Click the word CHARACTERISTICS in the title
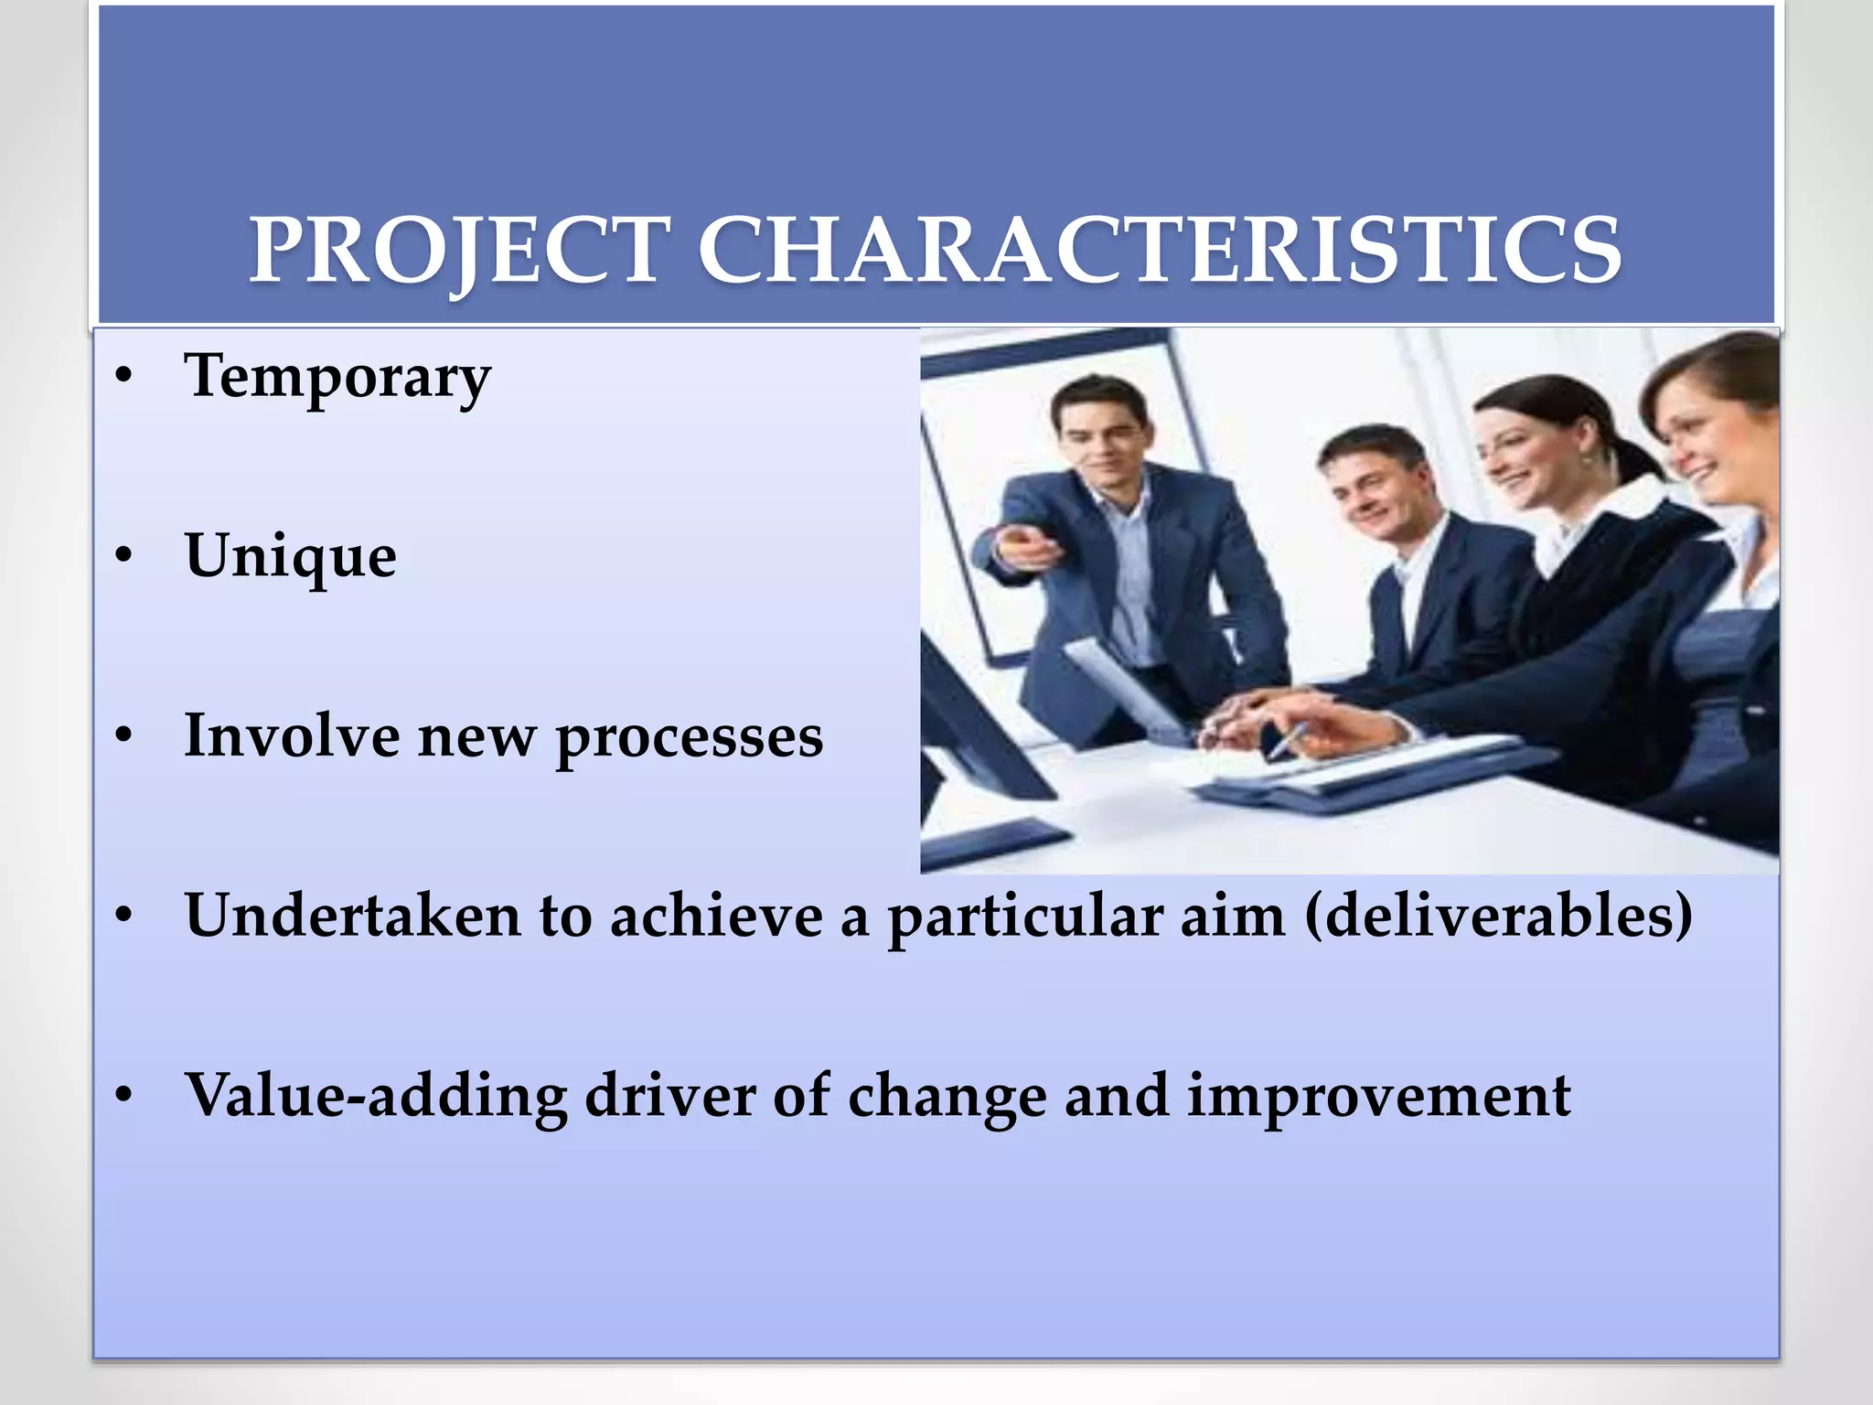[1159, 251]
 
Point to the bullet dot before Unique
[124, 556]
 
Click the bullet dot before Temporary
[124, 377]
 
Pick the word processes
[690, 737]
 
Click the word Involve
[293, 735]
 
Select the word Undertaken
[353, 916]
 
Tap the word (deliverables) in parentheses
[1498, 916]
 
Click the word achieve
[716, 916]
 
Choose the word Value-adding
[376, 1096]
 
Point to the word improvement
[1378, 1096]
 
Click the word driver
[670, 1096]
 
